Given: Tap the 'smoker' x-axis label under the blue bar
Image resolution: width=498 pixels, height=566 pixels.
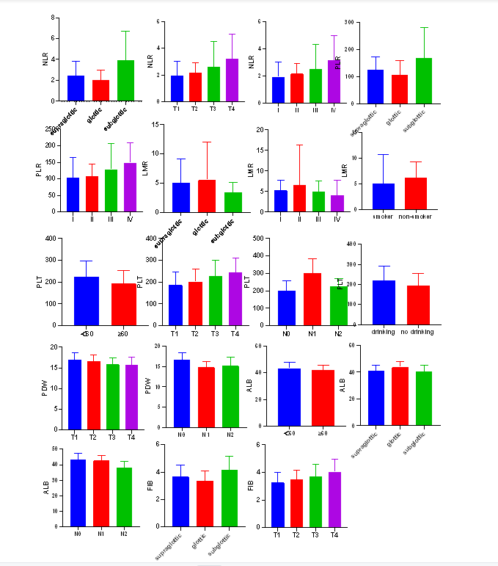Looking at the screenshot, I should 384,217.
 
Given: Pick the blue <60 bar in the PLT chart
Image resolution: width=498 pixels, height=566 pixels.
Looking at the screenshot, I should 87,300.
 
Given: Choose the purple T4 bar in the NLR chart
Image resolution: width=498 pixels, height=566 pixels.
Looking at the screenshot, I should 231,79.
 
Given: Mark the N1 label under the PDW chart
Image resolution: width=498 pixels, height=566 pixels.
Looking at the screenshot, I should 207,435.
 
